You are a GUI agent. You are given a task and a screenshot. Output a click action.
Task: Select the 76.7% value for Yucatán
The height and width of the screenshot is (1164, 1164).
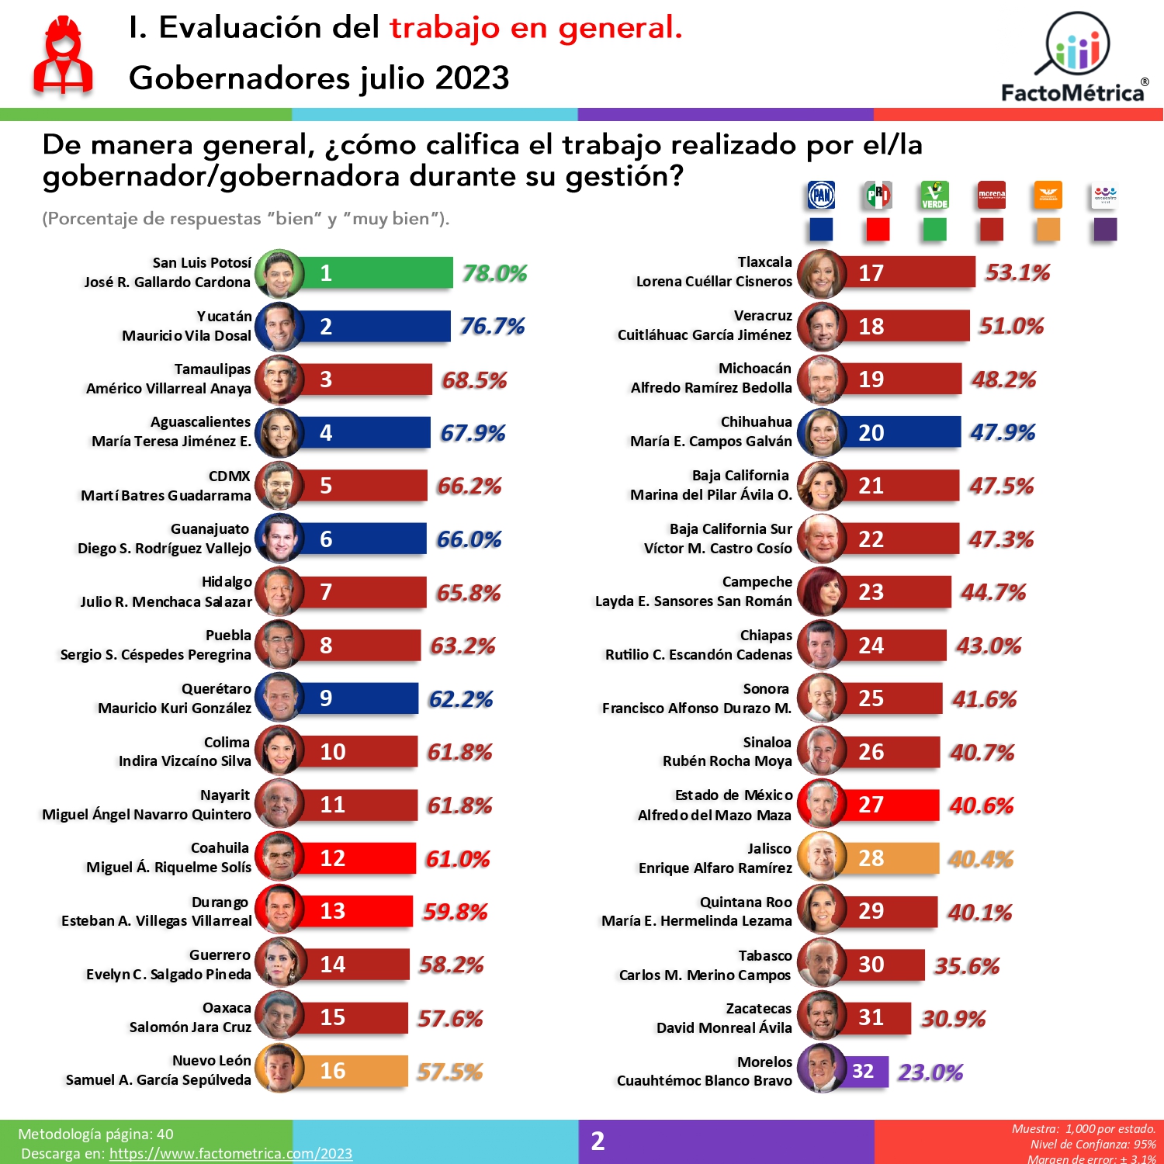tap(492, 326)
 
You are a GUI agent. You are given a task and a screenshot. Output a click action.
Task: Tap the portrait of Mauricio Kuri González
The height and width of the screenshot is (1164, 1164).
tap(279, 698)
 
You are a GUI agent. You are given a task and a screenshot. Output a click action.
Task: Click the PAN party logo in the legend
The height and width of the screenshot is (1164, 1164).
tap(821, 196)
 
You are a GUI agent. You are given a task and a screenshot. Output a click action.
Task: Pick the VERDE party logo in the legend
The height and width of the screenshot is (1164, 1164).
tap(934, 196)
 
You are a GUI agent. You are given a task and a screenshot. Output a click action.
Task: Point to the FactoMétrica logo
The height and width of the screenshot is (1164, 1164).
tap(1075, 58)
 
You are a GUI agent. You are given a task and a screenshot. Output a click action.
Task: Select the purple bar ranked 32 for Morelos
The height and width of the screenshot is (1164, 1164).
tap(866, 1072)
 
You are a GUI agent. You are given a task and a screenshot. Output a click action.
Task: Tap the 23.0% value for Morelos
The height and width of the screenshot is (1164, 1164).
tap(930, 1072)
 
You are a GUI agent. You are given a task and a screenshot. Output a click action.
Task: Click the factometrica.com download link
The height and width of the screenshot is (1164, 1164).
tap(230, 1154)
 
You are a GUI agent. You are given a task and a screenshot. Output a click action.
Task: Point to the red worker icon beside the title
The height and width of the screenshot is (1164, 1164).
tap(63, 56)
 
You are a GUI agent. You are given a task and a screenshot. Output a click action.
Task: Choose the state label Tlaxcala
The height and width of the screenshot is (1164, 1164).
tap(764, 262)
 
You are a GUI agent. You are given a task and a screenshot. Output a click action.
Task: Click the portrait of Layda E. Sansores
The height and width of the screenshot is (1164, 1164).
tap(821, 592)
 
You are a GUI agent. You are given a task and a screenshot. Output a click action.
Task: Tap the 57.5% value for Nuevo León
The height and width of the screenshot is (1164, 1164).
tap(449, 1072)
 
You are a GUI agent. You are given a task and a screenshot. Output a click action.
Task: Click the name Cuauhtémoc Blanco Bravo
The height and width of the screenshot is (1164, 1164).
tap(704, 1081)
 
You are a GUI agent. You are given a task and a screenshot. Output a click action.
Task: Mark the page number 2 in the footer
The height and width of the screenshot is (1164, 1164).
tap(598, 1141)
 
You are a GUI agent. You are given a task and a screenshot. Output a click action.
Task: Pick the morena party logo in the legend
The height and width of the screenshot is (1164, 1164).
tap(991, 196)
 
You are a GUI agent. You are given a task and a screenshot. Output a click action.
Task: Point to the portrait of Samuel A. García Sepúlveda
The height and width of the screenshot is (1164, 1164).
tap(279, 1069)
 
